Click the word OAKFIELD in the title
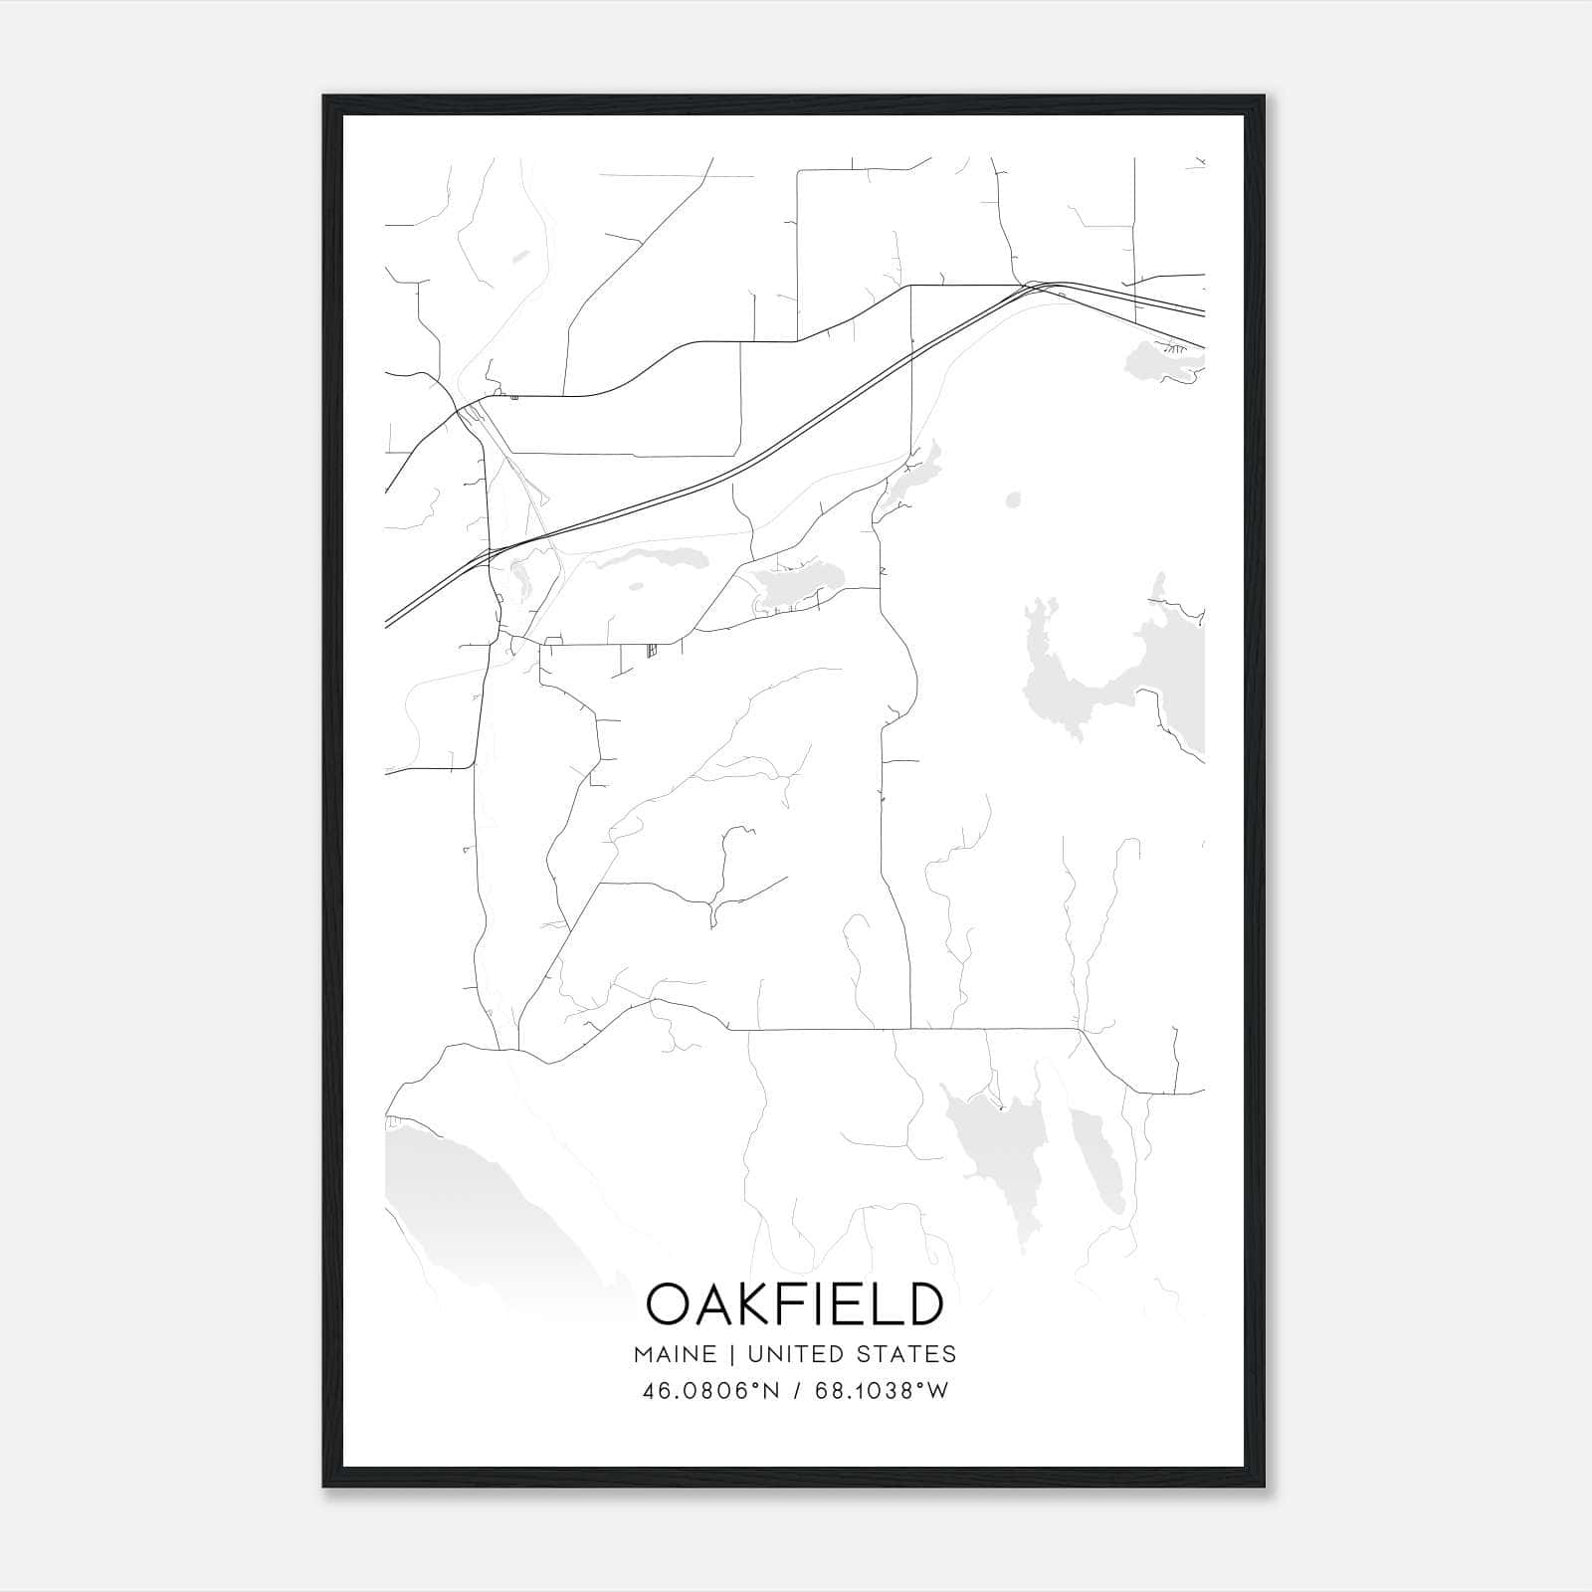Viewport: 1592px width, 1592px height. (x=795, y=1303)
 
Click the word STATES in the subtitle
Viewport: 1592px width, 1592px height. (x=907, y=1354)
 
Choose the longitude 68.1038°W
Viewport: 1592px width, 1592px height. (x=882, y=1390)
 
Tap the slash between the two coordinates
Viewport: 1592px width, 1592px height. (x=798, y=1390)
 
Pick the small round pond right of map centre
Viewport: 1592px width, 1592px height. (x=1013, y=499)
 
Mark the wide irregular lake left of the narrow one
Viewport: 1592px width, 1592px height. (x=1000, y=1154)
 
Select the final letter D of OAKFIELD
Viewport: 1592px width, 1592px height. (x=923, y=1303)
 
